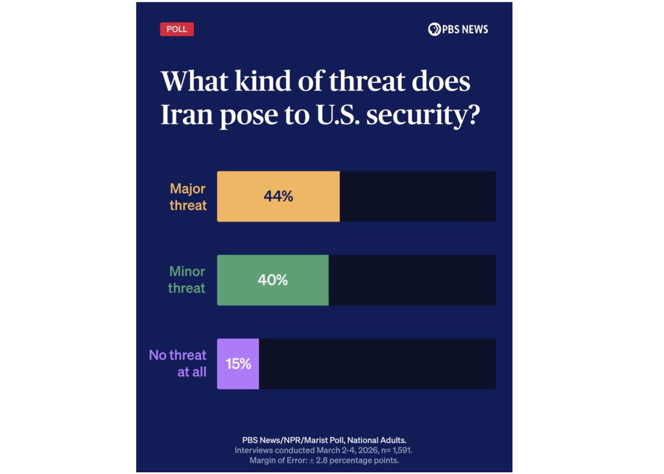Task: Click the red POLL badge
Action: pyautogui.click(x=176, y=29)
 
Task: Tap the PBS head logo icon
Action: pyautogui.click(x=434, y=29)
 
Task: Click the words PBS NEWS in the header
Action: pyautogui.click(x=465, y=29)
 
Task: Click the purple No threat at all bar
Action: pyautogui.click(x=238, y=364)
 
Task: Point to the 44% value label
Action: pyautogui.click(x=278, y=196)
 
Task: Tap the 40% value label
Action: pyautogui.click(x=272, y=280)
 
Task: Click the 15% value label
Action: pyautogui.click(x=238, y=364)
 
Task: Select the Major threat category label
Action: pyautogui.click(x=187, y=196)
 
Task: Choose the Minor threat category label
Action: pyautogui.click(x=187, y=280)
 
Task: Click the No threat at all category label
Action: pyautogui.click(x=178, y=364)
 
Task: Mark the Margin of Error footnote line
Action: pyautogui.click(x=324, y=460)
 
